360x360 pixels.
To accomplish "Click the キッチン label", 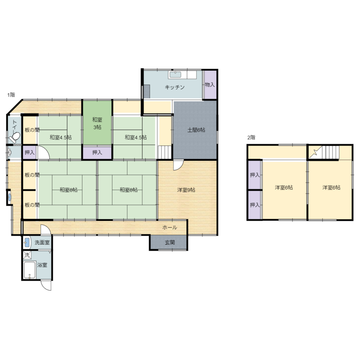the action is (175, 87).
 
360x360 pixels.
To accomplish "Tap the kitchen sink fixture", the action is (175, 75).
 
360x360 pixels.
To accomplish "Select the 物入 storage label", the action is (210, 85).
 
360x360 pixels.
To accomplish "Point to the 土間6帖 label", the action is (196, 130).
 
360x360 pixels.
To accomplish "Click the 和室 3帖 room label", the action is (97, 123).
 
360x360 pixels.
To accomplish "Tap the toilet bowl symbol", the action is (14, 137).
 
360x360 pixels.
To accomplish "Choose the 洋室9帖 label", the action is (186, 190).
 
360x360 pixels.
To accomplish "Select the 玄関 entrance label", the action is (169, 242).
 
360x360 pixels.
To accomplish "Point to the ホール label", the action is (169, 227).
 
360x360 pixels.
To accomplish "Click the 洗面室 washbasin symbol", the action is (27, 242).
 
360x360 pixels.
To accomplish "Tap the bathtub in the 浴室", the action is (29, 270).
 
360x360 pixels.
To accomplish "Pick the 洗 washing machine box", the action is (27, 255).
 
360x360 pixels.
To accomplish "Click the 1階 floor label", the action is (11, 95).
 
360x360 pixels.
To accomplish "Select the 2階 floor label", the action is (251, 138).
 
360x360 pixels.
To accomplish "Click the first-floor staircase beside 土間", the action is (165, 152).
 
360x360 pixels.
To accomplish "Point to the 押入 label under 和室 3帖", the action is (97, 152).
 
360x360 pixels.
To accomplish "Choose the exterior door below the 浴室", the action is (46, 285).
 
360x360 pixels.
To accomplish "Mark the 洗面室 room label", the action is (42, 242).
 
